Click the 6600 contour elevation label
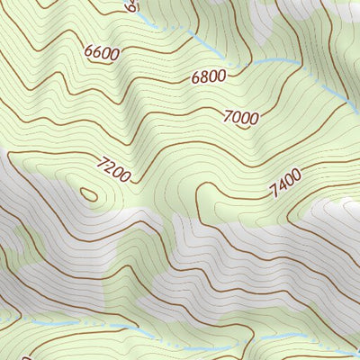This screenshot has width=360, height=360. [x=102, y=52]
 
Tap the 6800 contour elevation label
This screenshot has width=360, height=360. [x=208, y=77]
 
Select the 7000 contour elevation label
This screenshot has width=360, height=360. [x=241, y=116]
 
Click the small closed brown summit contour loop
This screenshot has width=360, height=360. [x=88, y=193]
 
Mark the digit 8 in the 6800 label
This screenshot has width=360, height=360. [x=203, y=78]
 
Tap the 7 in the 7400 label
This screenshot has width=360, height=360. [x=273, y=193]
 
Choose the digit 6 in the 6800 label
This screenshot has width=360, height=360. [x=195, y=80]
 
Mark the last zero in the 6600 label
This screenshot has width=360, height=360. [x=114, y=53]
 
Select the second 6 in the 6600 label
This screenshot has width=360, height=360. [x=97, y=52]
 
